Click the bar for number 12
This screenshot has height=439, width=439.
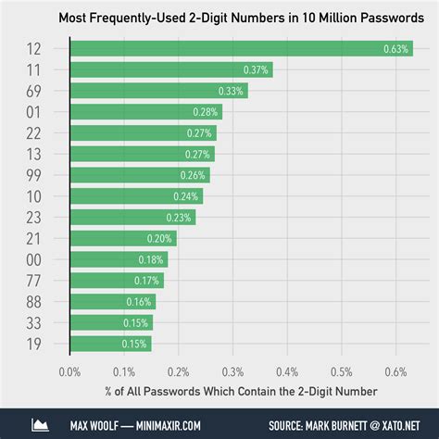point(241,48)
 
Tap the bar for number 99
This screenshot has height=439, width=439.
point(140,175)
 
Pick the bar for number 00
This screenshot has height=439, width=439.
point(119,259)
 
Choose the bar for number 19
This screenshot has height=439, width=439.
point(111,345)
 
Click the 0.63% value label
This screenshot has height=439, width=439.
point(396,49)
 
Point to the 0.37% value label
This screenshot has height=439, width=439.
point(256,70)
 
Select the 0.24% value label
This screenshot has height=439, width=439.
point(186,196)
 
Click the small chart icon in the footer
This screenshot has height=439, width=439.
point(40,424)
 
